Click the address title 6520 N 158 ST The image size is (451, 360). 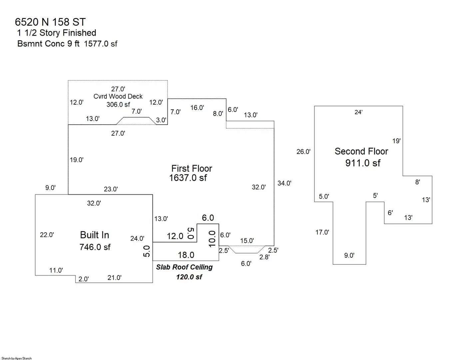coord(50,22)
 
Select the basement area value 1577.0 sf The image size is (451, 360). coord(101,44)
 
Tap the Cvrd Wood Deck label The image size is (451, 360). coord(118,96)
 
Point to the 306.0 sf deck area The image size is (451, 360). coord(118,104)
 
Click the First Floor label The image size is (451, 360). coord(192,168)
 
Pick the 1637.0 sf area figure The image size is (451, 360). coord(188,178)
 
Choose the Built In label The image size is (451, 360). coord(95,235)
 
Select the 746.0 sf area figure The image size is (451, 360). coord(95,247)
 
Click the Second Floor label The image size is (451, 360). coord(361,151)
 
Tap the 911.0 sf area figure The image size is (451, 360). coord(363,163)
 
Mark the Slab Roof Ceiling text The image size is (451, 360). coord(184,267)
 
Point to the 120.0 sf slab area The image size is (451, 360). coord(189,277)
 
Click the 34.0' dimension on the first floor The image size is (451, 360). coord(284,183)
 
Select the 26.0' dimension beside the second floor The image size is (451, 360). coord(303,151)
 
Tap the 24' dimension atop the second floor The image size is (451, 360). coord(359,112)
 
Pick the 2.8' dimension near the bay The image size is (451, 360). coord(264,257)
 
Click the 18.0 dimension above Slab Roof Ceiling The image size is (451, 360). coord(186,255)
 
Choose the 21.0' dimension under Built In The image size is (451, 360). coord(115,278)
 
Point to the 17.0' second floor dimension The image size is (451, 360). coord(322,232)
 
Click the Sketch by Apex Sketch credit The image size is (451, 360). coord(17,358)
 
